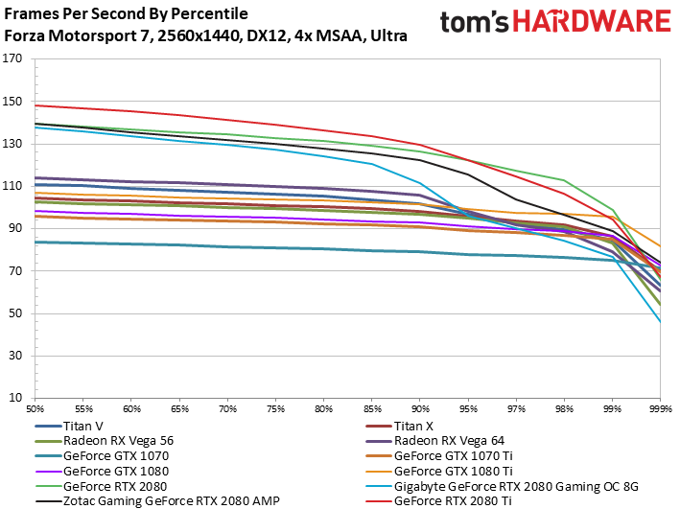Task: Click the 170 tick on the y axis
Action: pos(12,58)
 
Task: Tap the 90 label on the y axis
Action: pos(15,228)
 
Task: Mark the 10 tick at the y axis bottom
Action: pos(15,398)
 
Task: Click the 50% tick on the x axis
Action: pos(35,409)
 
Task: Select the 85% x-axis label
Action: pos(372,409)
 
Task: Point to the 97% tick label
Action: pos(516,409)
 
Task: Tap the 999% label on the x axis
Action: pos(661,409)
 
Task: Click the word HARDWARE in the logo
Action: pos(592,21)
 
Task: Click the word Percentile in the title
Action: pos(209,13)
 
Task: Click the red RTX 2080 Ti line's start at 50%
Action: pos(35,105)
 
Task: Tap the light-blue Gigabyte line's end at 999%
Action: pos(660,322)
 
